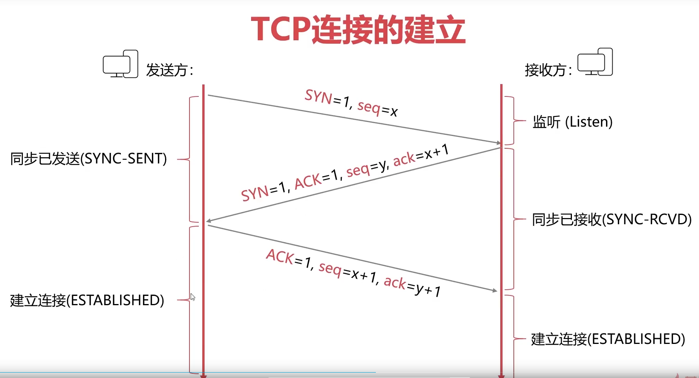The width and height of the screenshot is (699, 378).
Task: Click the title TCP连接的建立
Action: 358,29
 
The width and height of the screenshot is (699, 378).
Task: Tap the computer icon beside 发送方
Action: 121,64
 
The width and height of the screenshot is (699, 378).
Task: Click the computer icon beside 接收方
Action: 595,62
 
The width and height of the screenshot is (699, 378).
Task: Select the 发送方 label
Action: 169,70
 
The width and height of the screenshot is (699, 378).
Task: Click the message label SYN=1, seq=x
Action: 351,103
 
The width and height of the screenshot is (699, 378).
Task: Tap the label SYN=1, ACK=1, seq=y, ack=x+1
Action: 345,172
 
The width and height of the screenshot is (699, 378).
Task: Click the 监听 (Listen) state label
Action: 572,122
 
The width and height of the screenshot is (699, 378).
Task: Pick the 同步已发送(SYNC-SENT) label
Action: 88,159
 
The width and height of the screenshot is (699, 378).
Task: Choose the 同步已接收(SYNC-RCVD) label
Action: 611,220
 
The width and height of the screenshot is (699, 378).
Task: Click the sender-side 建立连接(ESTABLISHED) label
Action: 87,301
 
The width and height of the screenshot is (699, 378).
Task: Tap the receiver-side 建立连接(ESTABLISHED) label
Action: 608,339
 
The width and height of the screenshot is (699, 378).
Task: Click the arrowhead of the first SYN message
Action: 499,143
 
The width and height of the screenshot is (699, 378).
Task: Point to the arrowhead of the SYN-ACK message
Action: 208,221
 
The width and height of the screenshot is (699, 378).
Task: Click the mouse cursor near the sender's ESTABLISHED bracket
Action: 193,297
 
